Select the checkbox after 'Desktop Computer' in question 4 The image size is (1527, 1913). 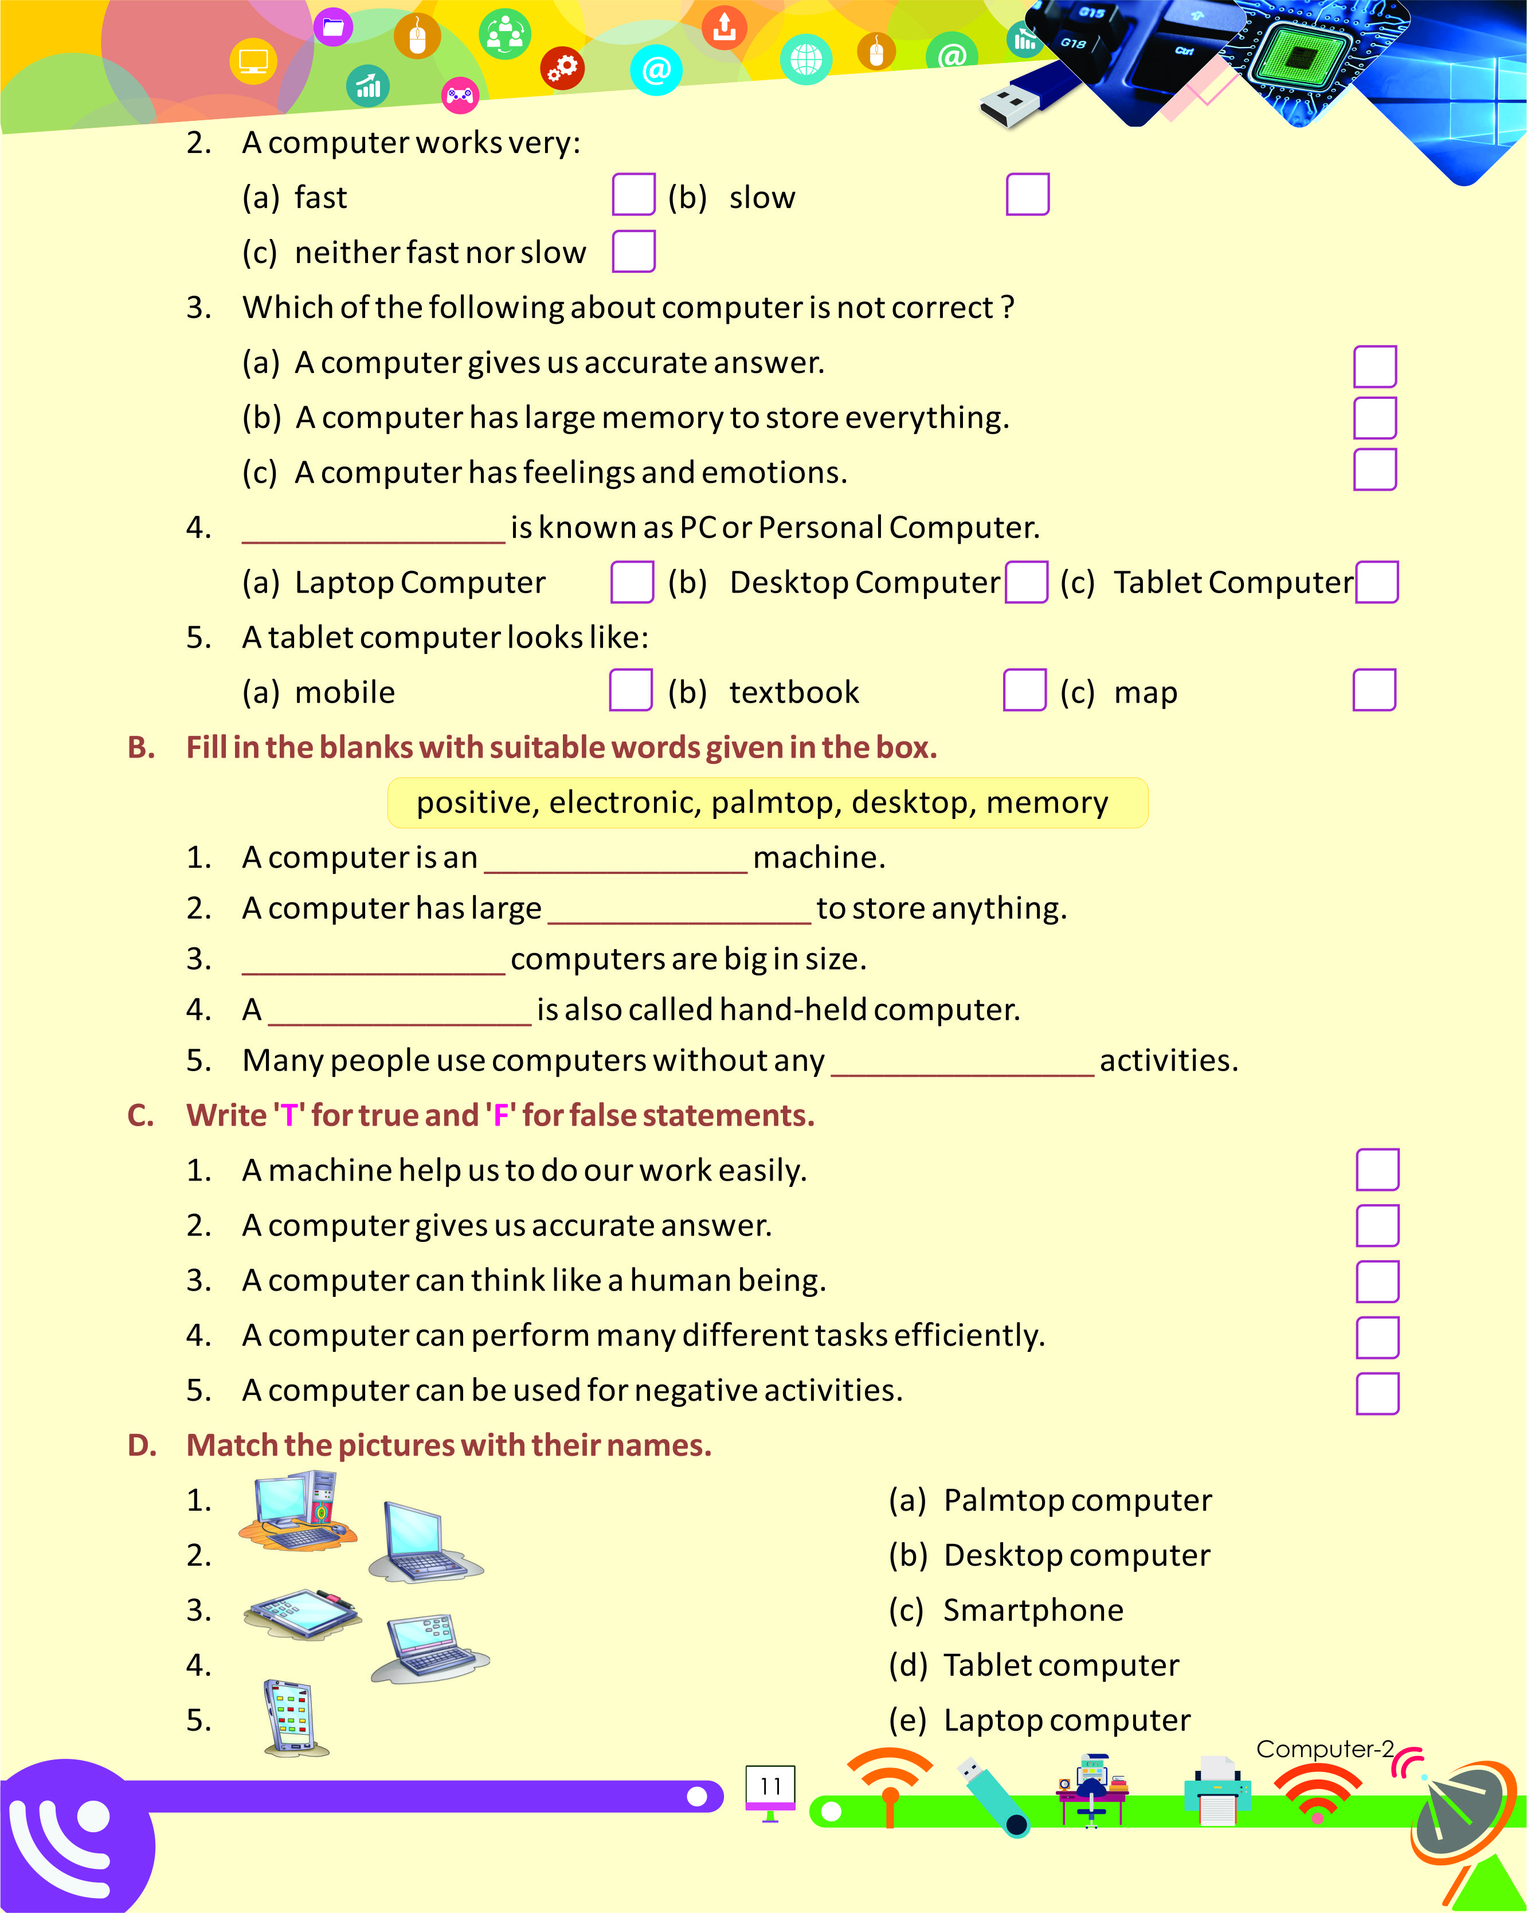[x=1027, y=582]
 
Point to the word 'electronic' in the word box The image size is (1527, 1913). [x=625, y=802]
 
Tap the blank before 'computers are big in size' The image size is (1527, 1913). [x=373, y=963]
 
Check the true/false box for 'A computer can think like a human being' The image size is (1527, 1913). [x=1377, y=1281]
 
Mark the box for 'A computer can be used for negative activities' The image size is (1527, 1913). [x=1377, y=1393]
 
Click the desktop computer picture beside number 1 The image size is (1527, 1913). [x=297, y=1510]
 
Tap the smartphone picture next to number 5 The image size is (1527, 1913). [x=293, y=1718]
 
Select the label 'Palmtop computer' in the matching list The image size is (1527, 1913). [x=1076, y=1500]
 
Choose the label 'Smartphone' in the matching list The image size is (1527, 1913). [x=1033, y=1610]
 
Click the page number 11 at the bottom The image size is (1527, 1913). [x=770, y=1786]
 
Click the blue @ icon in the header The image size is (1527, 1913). [x=656, y=70]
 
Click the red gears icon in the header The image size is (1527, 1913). [x=562, y=68]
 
